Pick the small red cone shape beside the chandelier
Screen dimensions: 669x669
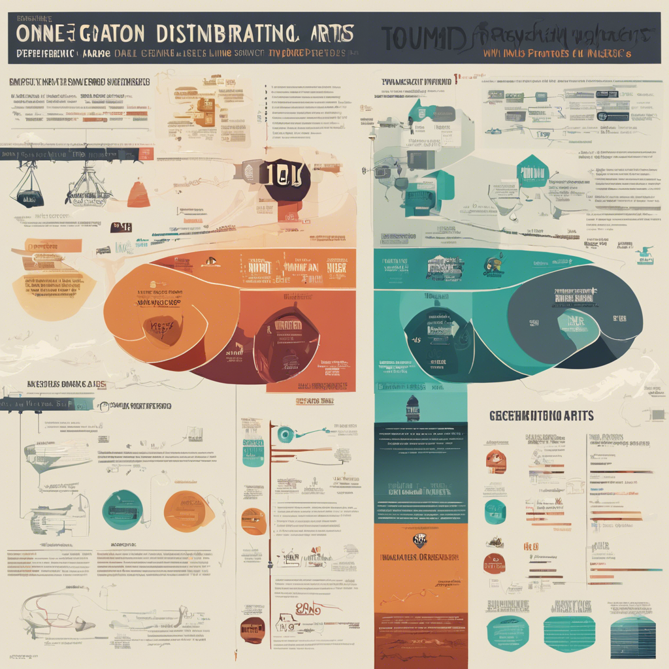pos(139,194)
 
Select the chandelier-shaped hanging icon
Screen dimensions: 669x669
pos(88,186)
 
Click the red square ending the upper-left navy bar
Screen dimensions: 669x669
pos(147,154)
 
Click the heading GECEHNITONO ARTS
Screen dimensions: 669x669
pos(541,416)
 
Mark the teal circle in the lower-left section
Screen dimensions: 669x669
pos(122,510)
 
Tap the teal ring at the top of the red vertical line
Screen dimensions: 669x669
pos(284,434)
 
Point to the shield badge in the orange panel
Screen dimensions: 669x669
pos(420,540)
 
